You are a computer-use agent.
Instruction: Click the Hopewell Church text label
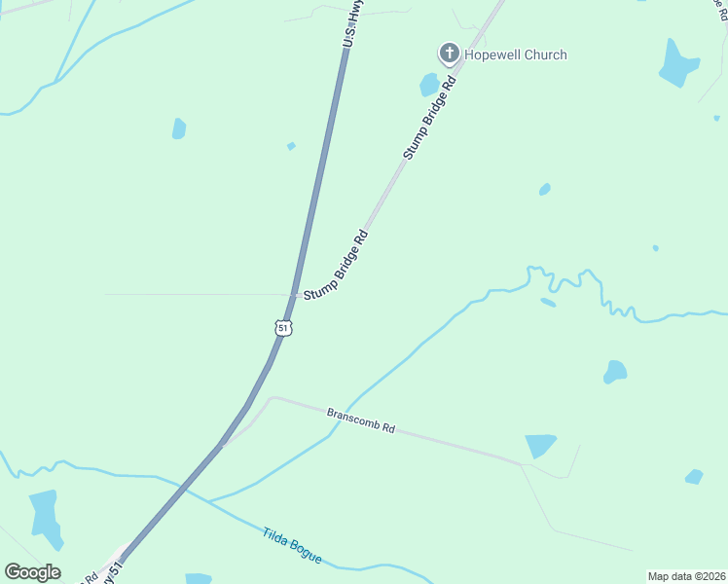point(515,55)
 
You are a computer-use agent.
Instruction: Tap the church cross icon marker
point(449,54)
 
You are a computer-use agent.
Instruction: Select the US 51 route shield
point(283,328)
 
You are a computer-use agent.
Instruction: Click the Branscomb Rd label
point(361,420)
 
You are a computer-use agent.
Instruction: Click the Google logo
point(32,572)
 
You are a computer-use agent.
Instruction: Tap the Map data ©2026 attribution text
point(685,576)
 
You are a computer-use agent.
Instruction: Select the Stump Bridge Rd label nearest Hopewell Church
point(429,118)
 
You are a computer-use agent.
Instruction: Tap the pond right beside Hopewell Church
point(429,85)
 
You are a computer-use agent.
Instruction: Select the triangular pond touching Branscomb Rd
point(540,445)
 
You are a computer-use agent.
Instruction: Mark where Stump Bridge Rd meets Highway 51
point(296,295)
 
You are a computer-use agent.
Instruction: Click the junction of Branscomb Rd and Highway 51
point(225,445)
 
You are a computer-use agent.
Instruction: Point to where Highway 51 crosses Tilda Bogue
point(186,486)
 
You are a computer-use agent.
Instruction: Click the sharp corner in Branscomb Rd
point(273,397)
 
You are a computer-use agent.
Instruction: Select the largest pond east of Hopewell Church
point(678,63)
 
